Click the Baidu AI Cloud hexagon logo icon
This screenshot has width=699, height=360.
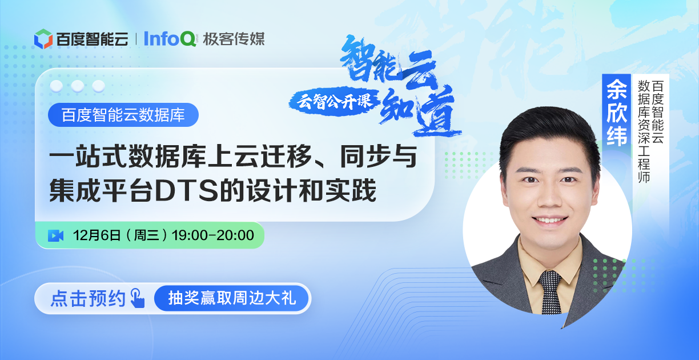point(43,39)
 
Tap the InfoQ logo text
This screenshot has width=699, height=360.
point(170,39)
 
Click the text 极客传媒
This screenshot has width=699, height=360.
point(234,39)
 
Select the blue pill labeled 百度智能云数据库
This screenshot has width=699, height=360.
point(123,115)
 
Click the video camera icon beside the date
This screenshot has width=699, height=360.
point(55,235)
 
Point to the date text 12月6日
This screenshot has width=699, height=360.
point(97,235)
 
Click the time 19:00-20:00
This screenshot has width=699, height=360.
point(213,235)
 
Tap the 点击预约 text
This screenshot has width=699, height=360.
point(88,298)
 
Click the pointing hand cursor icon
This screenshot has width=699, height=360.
point(138,298)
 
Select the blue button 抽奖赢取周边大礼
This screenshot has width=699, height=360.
point(231,298)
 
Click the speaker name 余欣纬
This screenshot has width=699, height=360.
point(617,112)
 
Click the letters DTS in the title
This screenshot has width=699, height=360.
point(186,191)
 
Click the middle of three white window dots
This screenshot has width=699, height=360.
point(78,86)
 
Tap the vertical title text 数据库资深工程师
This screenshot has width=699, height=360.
point(644,131)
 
